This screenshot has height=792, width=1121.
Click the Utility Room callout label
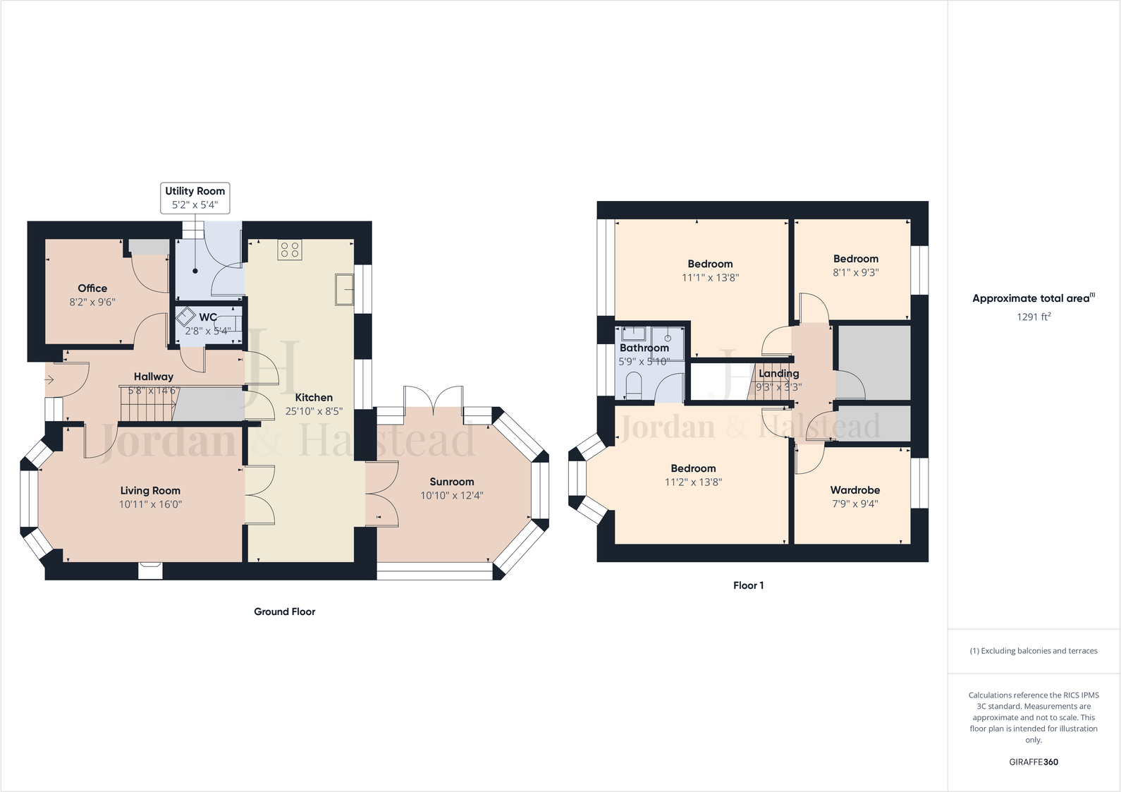[x=195, y=197]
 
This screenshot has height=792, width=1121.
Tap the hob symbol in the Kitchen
[x=290, y=250]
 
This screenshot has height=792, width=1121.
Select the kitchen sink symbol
[x=344, y=289]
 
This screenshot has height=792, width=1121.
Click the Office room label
[x=92, y=288]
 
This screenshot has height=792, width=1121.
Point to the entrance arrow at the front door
[x=49, y=380]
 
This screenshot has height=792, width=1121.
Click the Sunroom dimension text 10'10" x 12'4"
[x=451, y=496]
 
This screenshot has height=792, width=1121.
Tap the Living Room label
[x=150, y=490]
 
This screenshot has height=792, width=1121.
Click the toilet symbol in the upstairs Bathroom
[x=633, y=386]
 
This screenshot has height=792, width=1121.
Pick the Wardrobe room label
[x=854, y=489]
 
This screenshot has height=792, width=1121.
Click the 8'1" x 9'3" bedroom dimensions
[x=855, y=273]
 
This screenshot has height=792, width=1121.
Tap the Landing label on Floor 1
[x=778, y=373]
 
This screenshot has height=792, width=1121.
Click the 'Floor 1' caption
[x=748, y=585]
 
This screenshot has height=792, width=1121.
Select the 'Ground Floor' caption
[x=284, y=611]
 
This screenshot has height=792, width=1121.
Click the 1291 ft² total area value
[x=1033, y=317]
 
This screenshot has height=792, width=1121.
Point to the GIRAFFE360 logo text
[x=1033, y=762]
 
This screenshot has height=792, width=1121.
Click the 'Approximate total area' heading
[x=1033, y=298]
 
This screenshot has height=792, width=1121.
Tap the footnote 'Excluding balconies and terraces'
[x=1033, y=651]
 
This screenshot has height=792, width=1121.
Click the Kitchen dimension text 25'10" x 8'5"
[x=314, y=411]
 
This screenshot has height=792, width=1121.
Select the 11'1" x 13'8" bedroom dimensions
[x=710, y=278]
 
